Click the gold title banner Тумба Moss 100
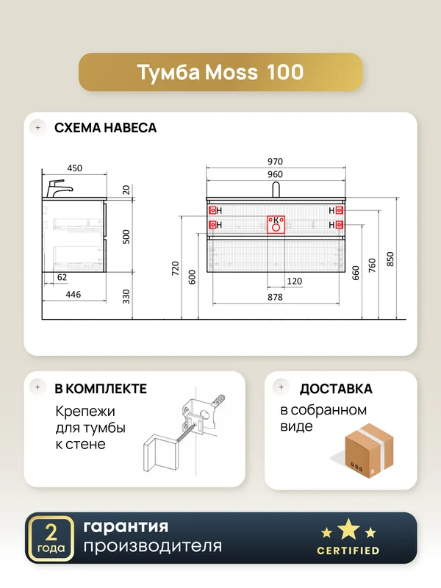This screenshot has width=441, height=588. pyautogui.click(x=220, y=72)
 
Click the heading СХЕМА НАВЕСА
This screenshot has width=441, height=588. pyautogui.click(x=105, y=128)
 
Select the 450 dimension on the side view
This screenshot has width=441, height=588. pyautogui.click(x=75, y=168)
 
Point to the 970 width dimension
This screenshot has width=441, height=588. pyautogui.click(x=275, y=161)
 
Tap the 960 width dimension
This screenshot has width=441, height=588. pyautogui.click(x=275, y=174)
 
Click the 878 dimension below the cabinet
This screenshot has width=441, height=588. pyautogui.click(x=275, y=297)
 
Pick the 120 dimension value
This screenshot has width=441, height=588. pyautogui.click(x=295, y=282)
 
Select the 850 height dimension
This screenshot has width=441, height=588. pyautogui.click(x=390, y=259)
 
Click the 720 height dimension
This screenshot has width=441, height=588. pyautogui.click(x=176, y=268)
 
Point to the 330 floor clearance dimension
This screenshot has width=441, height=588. pyautogui.click(x=126, y=296)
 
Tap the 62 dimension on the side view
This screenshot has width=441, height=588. pyautogui.click(x=62, y=277)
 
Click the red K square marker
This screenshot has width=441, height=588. pyautogui.click(x=276, y=225)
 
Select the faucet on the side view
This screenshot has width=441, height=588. pyautogui.click(x=59, y=189)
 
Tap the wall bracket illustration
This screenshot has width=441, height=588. pyautogui.click(x=184, y=432)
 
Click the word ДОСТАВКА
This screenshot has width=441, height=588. pyautogui.click(x=336, y=389)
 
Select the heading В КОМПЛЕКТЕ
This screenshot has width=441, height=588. pyautogui.click(x=101, y=389)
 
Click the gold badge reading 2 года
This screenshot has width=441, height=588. pyautogui.click(x=51, y=539)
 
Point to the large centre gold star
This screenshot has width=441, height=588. pyautogui.click(x=348, y=529)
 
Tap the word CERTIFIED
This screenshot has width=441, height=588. pyautogui.click(x=348, y=551)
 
